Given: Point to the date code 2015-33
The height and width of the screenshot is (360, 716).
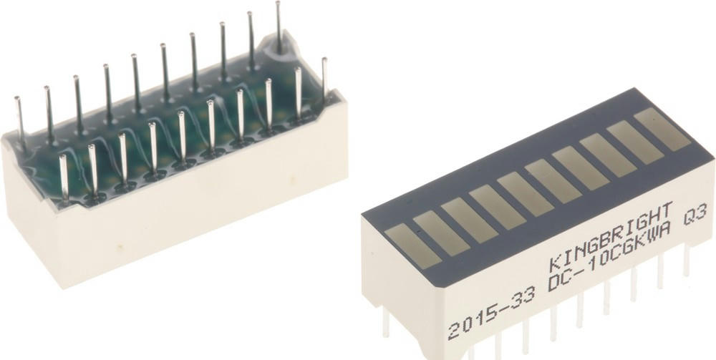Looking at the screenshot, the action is tap(491, 315).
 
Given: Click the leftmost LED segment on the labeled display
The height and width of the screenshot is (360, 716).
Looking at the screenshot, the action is tap(413, 246).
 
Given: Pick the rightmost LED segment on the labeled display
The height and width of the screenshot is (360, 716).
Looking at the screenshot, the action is tap(662, 129).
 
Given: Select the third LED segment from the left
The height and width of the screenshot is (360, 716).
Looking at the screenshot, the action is tap(469, 220).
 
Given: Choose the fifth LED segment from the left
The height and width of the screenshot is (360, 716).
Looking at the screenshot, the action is tap(525, 194).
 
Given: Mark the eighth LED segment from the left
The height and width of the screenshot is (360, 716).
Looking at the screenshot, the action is tap(608, 155).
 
